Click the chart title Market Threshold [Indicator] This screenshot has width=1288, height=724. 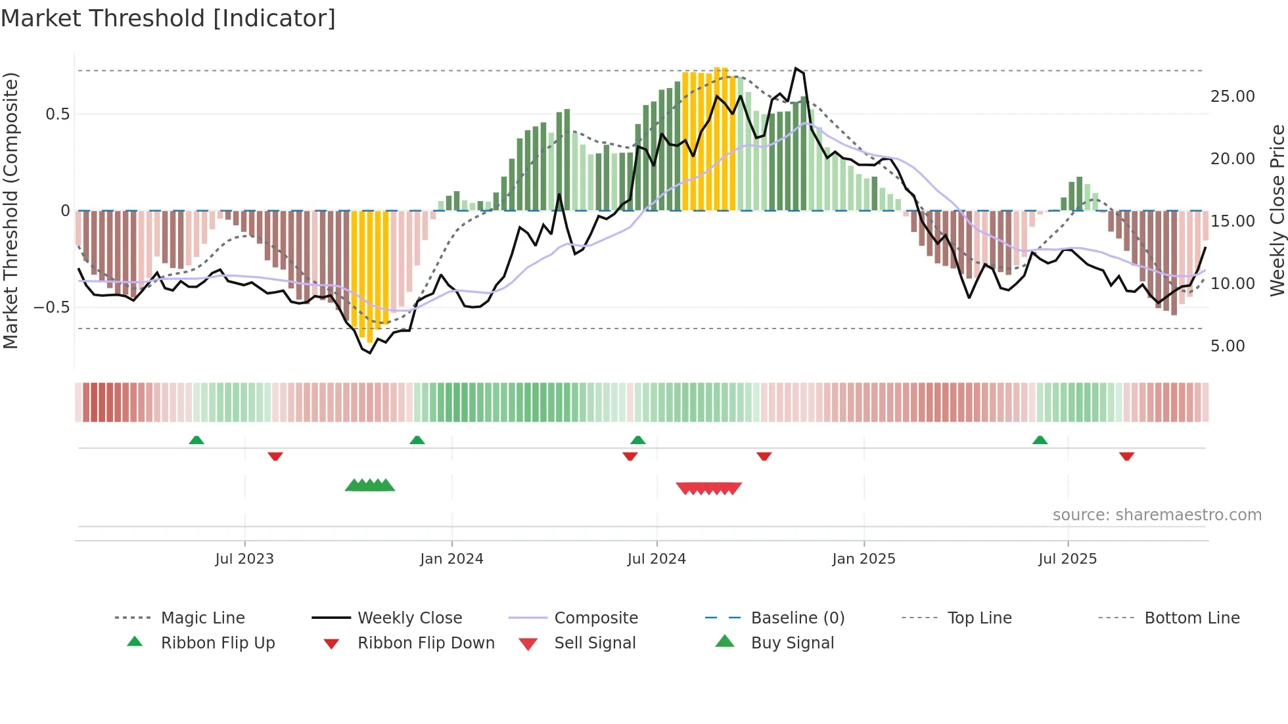coord(168,18)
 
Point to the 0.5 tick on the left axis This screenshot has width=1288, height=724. coord(58,114)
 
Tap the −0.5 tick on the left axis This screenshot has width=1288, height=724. coord(52,307)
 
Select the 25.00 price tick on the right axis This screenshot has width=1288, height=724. coord(1232,97)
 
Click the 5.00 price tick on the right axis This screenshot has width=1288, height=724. coord(1228,346)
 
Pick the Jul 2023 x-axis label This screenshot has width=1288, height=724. coord(244,559)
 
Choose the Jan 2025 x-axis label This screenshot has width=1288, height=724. coord(863,559)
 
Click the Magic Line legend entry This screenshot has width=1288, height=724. coord(202,618)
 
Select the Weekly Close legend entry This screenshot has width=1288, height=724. coord(409,618)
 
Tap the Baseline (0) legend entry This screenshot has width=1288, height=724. coord(797,618)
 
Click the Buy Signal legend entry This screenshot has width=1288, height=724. coord(792,643)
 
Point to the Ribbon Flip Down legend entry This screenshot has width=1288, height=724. coord(426,643)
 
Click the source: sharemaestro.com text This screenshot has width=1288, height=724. coord(1157,515)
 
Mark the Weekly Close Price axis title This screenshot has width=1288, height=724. coord(1277,210)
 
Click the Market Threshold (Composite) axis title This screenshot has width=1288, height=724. coord(11,210)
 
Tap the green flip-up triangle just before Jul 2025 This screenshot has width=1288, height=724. coord(1040,440)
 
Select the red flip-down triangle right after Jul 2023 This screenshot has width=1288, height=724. coord(275,456)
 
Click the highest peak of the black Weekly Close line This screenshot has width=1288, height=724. coord(796,68)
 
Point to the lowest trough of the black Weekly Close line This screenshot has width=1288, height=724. coord(370,353)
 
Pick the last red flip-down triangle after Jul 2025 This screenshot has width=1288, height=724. coord(1126,456)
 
